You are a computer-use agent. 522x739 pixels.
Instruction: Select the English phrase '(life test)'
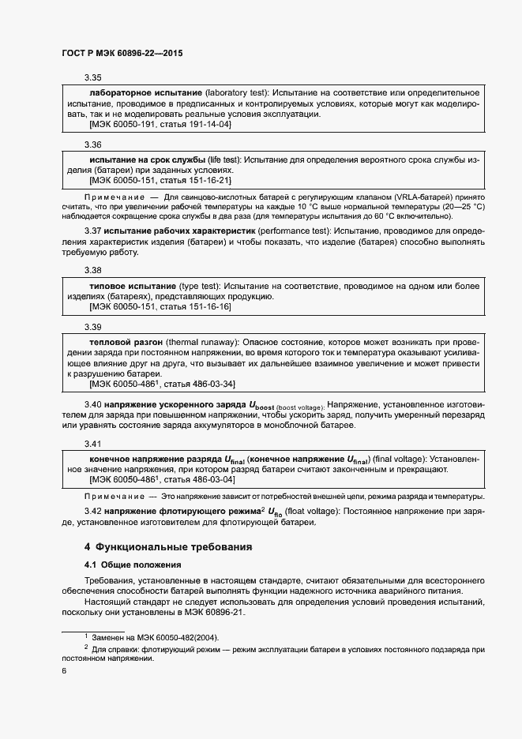point(222,159)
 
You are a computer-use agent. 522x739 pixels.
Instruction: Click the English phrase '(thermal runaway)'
point(204,340)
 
